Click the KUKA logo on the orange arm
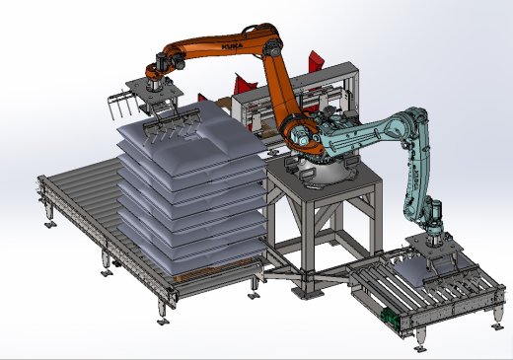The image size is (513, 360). (x=233, y=46)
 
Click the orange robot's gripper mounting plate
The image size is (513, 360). (x=154, y=92)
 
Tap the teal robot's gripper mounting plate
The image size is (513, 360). (x=434, y=248)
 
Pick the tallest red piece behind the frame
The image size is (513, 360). (x=316, y=61)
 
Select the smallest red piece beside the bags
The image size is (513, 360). (x=202, y=98)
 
